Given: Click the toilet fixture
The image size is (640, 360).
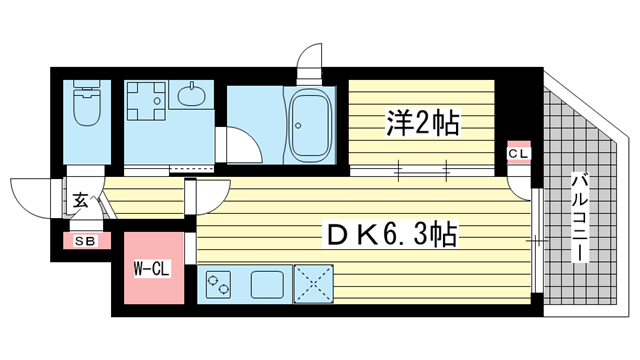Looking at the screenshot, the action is point(87,102).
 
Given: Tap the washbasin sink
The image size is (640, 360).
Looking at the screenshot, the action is point(191,94).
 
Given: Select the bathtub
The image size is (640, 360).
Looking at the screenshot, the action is point(310,125).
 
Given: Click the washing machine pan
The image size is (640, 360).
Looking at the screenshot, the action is point(146,101).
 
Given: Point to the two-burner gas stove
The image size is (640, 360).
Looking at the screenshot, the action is point(218,284).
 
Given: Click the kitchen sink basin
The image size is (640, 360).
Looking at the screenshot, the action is point(267,284).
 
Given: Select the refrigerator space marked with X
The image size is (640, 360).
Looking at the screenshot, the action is point(313,284).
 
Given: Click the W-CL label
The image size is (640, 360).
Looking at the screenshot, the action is point(152,269).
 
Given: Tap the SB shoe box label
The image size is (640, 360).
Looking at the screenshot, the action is point(85,241).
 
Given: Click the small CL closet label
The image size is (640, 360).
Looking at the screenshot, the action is point(519,154).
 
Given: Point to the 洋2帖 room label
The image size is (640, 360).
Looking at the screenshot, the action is point(422,122).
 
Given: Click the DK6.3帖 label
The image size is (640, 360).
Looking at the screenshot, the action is point(391,234).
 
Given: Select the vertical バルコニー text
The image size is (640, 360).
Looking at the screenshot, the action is point(580,217).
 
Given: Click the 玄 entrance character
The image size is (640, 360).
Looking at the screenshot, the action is point(80,200).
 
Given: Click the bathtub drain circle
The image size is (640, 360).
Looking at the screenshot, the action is point(299,125).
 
